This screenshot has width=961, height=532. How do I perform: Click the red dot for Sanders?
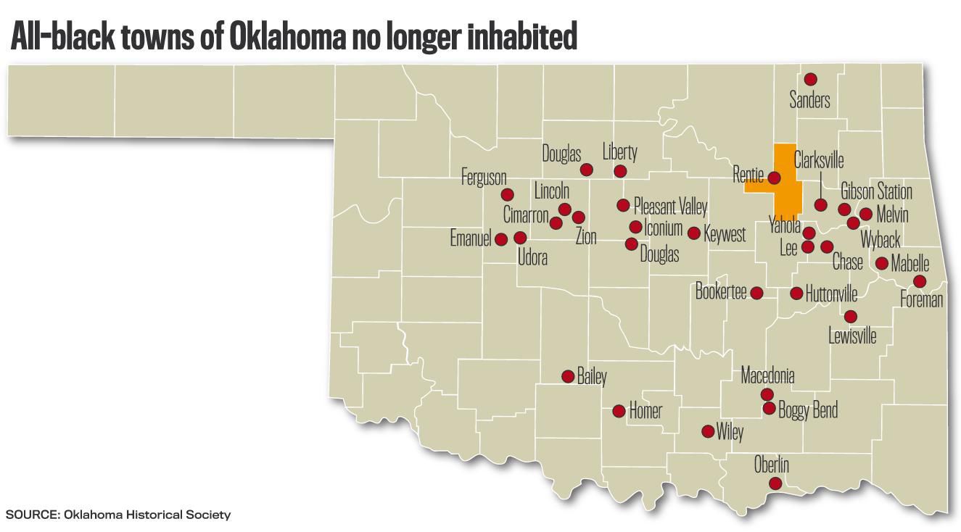coord(811,79)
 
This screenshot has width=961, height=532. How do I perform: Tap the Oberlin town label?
coord(771,465)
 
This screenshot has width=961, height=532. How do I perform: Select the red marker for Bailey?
coord(569,376)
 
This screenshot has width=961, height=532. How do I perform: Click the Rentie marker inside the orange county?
coord(774,178)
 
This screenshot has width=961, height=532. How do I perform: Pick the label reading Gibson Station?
coord(875,192)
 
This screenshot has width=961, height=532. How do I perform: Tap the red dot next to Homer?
coord(619,411)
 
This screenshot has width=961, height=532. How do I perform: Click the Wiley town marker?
coord(708,431)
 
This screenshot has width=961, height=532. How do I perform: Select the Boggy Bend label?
coord(807,410)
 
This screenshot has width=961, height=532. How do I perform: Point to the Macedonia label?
coord(767,375)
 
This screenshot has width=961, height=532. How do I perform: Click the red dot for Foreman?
coord(920,281)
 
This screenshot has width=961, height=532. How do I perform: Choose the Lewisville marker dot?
coord(851,317)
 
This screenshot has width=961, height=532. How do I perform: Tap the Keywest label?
coord(724,234)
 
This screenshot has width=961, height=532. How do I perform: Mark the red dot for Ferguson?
coord(508,194)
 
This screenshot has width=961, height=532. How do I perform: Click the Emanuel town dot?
coord(500,238)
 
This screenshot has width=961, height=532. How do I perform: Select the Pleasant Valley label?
coord(669,207)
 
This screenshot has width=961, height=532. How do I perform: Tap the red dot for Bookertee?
coord(756,293)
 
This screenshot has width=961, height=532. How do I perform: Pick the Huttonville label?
coord(831,294)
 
